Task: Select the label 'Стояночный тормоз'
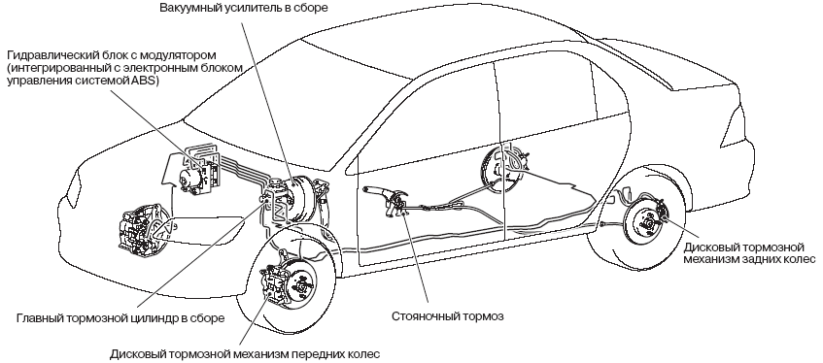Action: click(x=448, y=316)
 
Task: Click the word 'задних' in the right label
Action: click(x=773, y=259)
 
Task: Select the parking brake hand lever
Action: click(x=382, y=194)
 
